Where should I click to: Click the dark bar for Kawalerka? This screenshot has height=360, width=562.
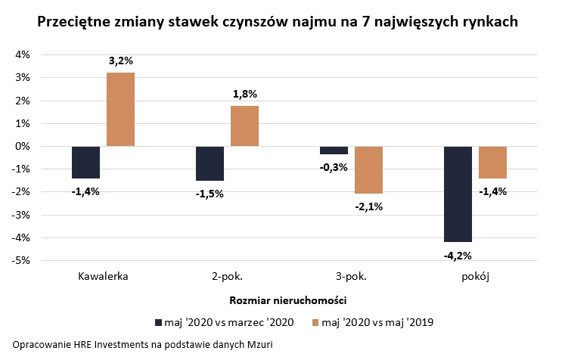(85, 162)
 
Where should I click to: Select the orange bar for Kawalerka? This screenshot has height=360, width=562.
(120, 109)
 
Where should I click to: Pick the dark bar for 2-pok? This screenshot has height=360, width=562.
(210, 163)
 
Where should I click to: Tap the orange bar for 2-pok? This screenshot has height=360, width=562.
(244, 126)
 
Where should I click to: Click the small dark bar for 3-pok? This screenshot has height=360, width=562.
(334, 150)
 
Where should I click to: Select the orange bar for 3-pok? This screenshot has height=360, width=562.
(368, 169)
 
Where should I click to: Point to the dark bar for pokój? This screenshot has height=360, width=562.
(458, 194)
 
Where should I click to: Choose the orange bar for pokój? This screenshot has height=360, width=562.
(492, 162)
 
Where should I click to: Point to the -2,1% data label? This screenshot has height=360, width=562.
(368, 206)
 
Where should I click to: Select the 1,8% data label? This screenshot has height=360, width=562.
(244, 95)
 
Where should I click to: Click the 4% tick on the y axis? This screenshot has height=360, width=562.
(22, 55)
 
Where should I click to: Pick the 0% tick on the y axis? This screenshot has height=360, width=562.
(22, 147)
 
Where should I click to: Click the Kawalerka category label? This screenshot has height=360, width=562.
(103, 276)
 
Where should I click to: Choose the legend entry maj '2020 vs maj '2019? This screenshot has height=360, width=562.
(377, 323)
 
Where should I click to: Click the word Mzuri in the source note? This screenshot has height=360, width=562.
(257, 344)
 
